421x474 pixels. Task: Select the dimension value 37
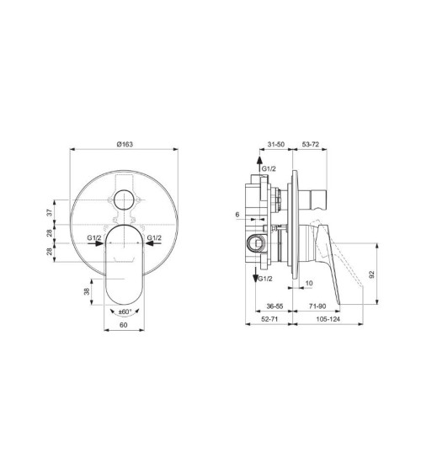tap(50, 213)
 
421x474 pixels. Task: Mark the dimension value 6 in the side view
tap(238, 216)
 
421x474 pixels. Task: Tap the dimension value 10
tap(310, 284)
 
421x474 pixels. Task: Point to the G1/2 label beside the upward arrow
tap(268, 170)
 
